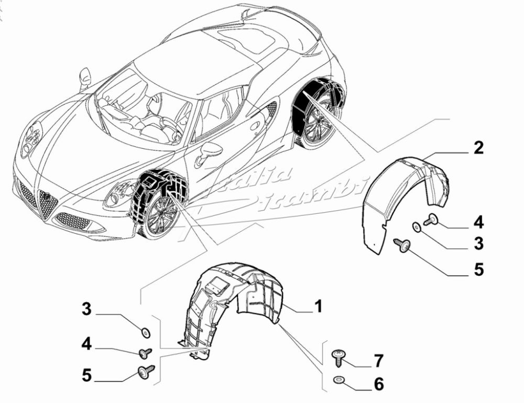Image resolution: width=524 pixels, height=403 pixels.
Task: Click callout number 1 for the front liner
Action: tap(318, 306)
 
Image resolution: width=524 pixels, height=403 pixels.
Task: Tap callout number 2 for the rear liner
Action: tap(478, 148)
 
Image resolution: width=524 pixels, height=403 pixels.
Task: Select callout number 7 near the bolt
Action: tap(378, 361)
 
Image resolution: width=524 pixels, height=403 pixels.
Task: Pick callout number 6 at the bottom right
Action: tap(378, 384)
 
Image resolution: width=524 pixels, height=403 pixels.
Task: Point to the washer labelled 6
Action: tap(338, 379)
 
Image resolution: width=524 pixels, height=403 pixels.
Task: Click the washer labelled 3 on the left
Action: tap(145, 332)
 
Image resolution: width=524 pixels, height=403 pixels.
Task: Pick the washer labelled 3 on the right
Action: tap(416, 227)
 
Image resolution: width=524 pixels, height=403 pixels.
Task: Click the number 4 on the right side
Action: tap(478, 222)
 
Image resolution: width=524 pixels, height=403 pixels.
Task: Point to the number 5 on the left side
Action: tap(86, 375)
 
